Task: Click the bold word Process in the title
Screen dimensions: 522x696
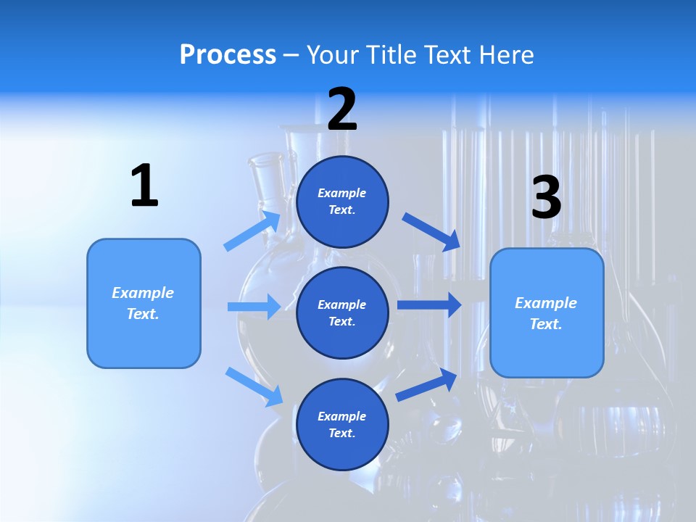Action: tap(228, 55)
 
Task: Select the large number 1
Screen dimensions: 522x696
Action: tap(144, 186)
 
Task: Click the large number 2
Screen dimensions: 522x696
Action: tap(342, 110)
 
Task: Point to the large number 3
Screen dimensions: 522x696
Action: tap(546, 197)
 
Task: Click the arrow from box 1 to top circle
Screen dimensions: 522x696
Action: tap(253, 231)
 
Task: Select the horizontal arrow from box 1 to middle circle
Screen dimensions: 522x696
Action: tap(254, 307)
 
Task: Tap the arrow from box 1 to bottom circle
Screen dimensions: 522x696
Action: tap(254, 386)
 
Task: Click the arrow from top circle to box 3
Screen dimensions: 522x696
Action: tap(431, 232)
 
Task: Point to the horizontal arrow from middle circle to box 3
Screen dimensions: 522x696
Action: tap(429, 304)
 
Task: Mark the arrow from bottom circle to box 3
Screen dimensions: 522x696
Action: tap(427, 384)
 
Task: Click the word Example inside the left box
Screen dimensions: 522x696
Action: tap(143, 293)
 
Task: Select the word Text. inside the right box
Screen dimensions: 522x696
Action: tap(546, 324)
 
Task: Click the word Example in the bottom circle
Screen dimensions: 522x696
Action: tap(342, 416)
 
